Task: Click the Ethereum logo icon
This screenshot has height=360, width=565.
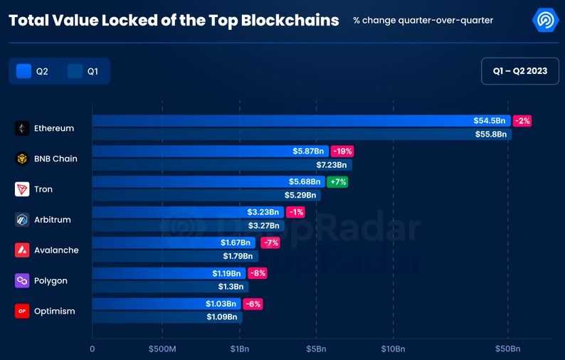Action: tap(22, 129)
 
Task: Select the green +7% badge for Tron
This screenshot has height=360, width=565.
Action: tap(337, 182)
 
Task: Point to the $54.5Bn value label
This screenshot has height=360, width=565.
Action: tap(490, 121)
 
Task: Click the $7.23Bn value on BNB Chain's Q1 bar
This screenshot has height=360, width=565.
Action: tap(332, 165)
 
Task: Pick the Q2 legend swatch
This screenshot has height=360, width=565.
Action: tap(23, 71)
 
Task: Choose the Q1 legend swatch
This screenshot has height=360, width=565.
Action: tap(75, 71)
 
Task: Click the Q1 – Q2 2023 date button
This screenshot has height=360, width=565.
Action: tap(519, 71)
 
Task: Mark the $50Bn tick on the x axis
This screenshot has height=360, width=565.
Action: tap(508, 349)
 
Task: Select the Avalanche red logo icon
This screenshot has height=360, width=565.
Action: tap(22, 250)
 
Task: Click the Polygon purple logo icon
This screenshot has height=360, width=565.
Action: tap(22, 281)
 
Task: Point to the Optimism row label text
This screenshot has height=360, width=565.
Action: tap(54, 312)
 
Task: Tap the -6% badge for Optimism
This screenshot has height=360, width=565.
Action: tap(253, 304)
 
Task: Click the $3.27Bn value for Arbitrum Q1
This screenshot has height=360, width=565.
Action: tap(263, 226)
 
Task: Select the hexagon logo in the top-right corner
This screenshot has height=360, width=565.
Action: tap(546, 21)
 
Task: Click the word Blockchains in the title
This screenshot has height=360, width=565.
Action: tap(290, 21)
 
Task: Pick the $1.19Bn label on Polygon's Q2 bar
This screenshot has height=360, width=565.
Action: tap(226, 273)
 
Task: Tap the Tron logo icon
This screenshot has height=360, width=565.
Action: tap(22, 189)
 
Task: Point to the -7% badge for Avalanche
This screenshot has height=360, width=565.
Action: tap(270, 243)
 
